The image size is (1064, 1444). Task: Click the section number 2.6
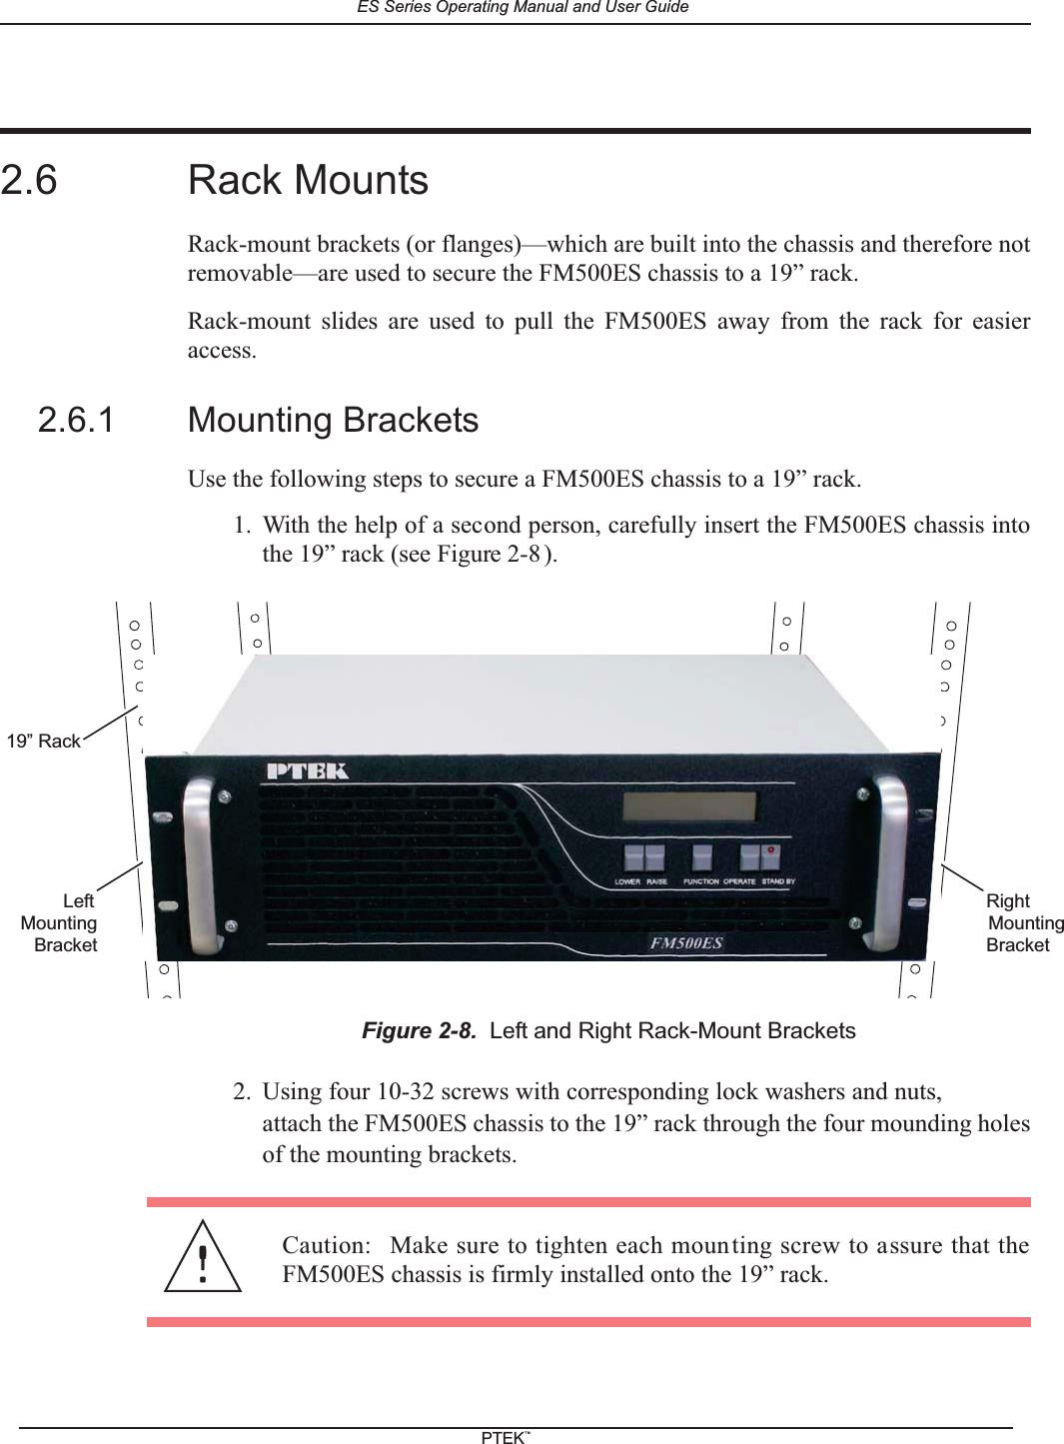tap(29, 181)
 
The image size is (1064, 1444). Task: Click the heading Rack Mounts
tap(308, 181)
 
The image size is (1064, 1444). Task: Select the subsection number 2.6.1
tap(76, 420)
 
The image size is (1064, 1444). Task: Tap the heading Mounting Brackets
tap(333, 420)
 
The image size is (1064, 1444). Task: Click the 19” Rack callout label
tap(44, 740)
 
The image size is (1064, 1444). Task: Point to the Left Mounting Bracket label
tap(60, 922)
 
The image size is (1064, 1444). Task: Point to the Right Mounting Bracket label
tap(1023, 922)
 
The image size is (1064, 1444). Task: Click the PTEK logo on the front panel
tap(307, 771)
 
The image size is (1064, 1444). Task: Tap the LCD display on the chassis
tap(689, 806)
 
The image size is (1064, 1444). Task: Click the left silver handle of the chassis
tap(198, 863)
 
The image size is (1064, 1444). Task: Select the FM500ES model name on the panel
tap(686, 942)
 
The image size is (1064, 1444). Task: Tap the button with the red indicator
tap(769, 856)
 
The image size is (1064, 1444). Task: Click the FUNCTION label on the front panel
tap(700, 882)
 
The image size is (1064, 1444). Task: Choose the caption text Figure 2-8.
tap(419, 1030)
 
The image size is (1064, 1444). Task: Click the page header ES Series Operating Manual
tap(523, 7)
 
